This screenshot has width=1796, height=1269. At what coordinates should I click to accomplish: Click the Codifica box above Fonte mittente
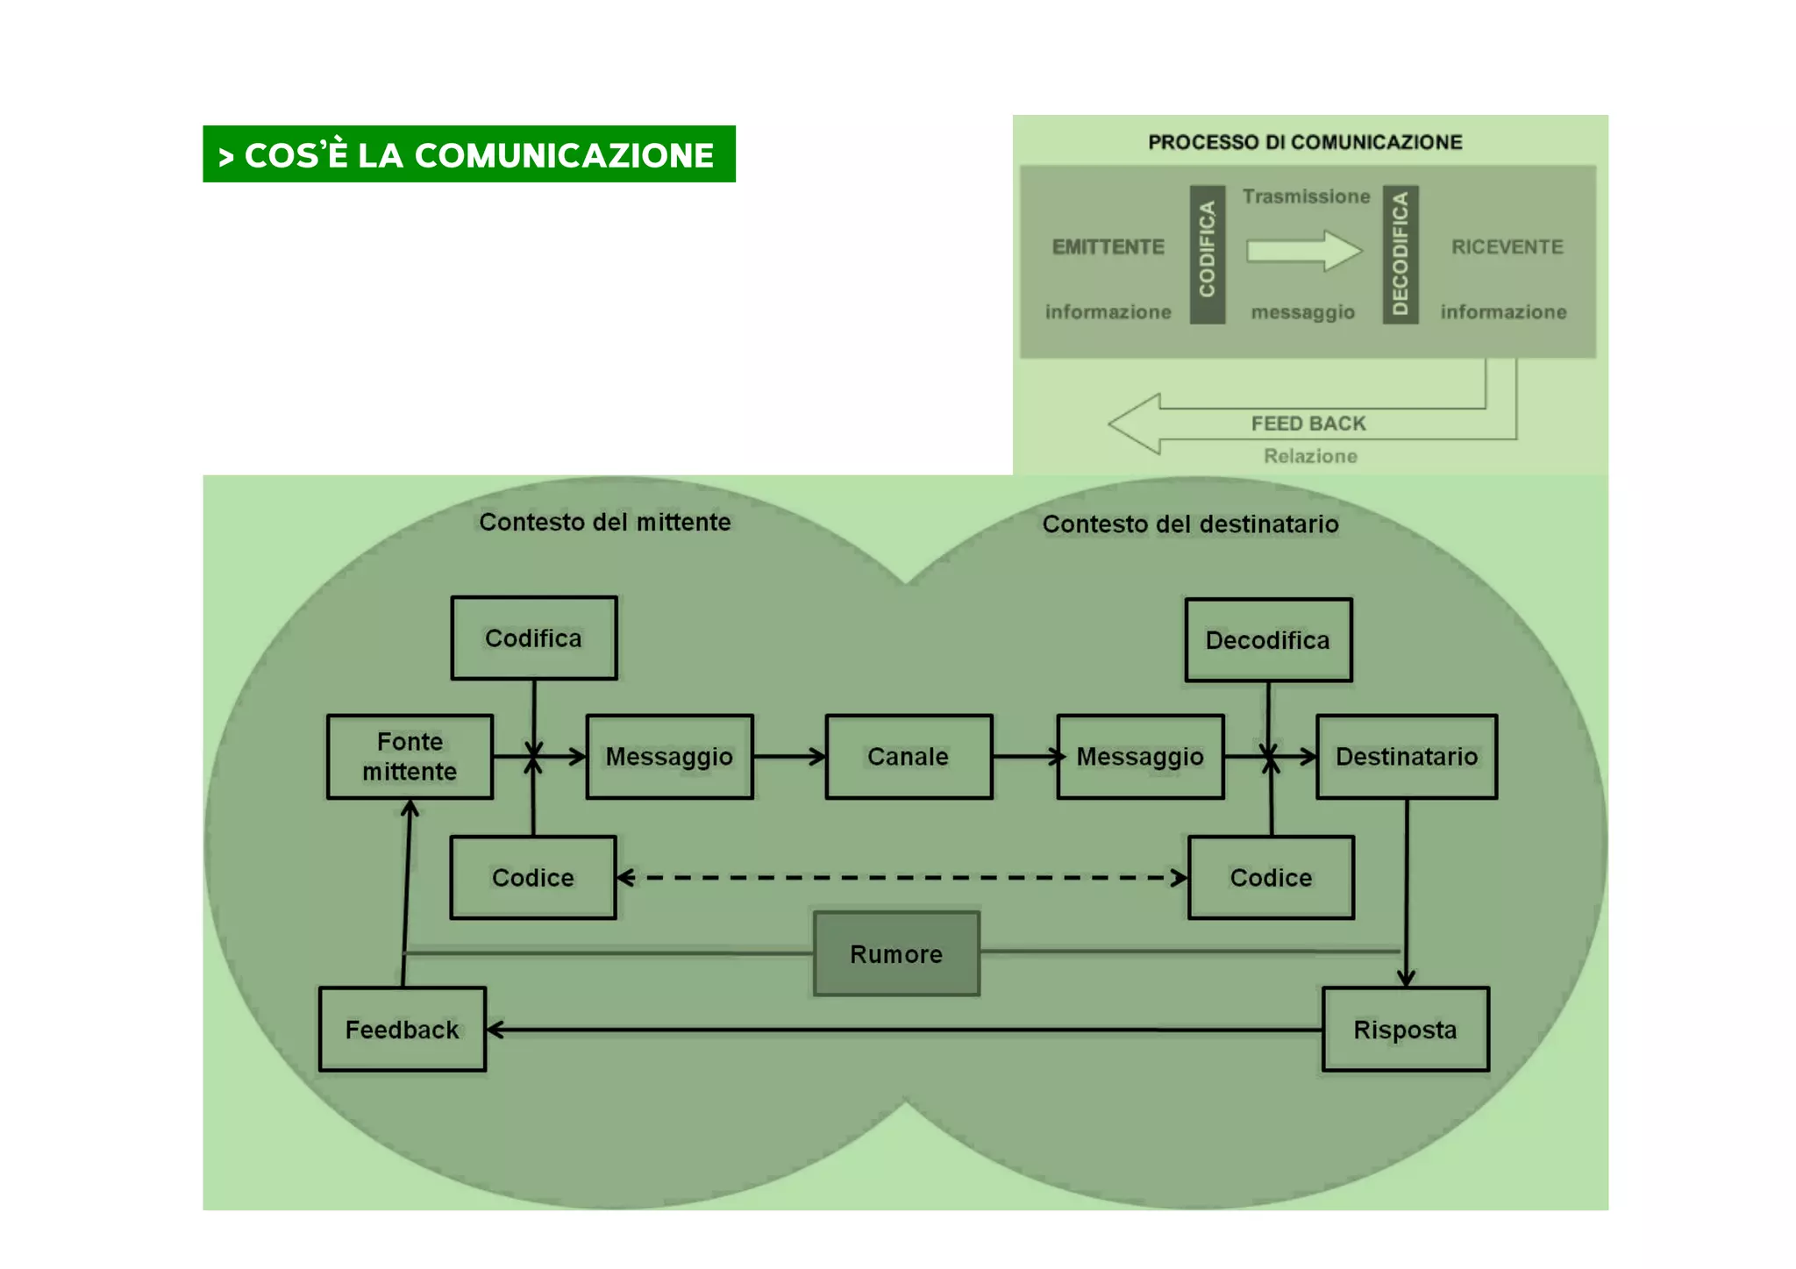[533, 638]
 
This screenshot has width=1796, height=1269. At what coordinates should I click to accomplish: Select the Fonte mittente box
[410, 756]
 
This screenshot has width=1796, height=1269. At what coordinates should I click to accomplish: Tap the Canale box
[909, 756]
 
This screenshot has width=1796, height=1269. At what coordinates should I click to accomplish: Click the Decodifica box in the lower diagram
[1267, 640]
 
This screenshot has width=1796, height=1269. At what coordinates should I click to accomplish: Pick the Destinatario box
[1406, 756]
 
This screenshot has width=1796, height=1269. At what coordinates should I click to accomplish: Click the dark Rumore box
[896, 953]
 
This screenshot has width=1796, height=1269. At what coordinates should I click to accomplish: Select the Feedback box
[402, 1029]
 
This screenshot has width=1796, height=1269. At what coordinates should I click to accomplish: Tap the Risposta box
[1405, 1029]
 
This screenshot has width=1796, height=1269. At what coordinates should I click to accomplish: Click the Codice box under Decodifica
[1271, 877]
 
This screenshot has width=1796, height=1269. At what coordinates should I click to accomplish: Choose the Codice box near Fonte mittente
[532, 877]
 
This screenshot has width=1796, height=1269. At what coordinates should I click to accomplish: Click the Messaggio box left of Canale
[669, 756]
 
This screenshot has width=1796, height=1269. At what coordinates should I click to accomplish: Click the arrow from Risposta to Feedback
[903, 1030]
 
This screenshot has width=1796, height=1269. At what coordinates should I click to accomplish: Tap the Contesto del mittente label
[604, 522]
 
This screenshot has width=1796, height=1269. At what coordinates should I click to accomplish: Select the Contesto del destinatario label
[1190, 524]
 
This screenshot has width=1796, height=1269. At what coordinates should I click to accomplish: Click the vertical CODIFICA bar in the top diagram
[1207, 254]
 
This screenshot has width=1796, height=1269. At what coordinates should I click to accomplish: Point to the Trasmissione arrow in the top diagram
[1304, 251]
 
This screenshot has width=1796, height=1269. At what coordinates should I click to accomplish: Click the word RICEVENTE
[1507, 247]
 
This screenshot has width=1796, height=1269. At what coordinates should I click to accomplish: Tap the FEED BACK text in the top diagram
[1308, 424]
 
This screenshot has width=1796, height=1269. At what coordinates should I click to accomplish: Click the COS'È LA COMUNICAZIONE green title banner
[468, 154]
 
